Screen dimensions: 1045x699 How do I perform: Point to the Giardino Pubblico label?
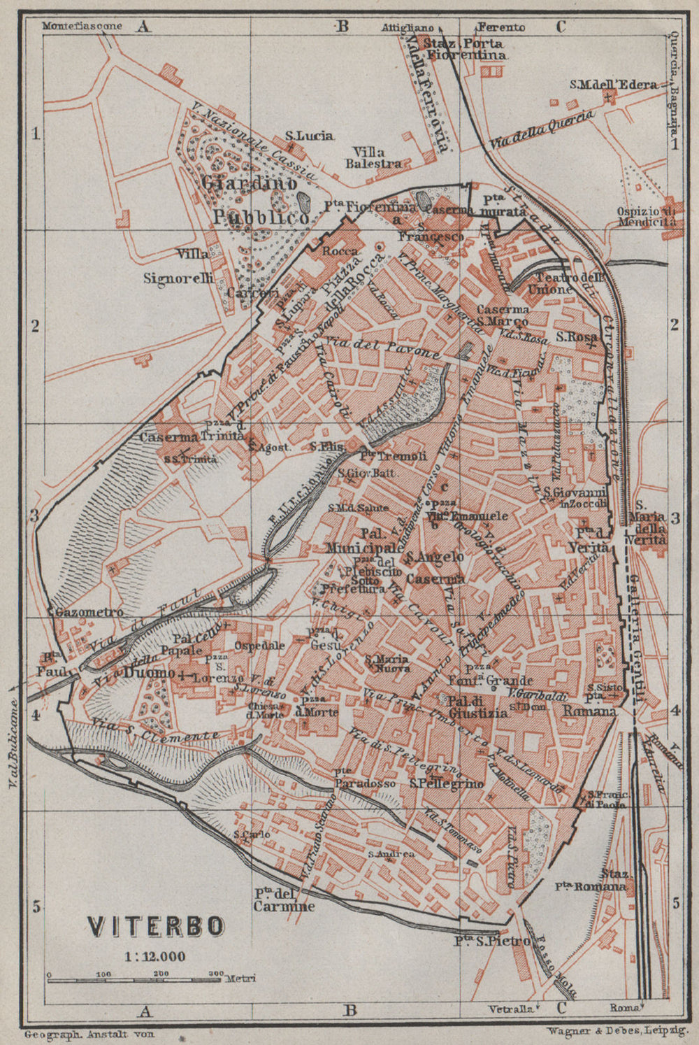(256, 199)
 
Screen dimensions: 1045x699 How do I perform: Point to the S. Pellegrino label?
(447, 783)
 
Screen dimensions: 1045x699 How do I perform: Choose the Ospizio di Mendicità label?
(647, 217)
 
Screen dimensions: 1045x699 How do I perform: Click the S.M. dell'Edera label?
(613, 85)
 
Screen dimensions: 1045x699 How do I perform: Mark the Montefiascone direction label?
(82, 27)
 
